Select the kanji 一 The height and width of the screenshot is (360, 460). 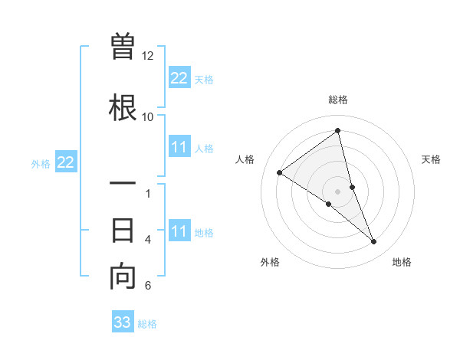click(123, 185)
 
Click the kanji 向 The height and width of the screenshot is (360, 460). click(123, 277)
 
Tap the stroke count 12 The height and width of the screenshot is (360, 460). click(147, 56)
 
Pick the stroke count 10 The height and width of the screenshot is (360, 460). click(147, 116)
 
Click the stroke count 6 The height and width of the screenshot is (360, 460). click(148, 286)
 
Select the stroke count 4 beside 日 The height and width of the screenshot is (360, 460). click(148, 239)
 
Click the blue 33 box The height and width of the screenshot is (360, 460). click(123, 322)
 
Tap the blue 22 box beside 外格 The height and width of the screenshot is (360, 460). click(65, 162)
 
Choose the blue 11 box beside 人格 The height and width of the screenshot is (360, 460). click(179, 148)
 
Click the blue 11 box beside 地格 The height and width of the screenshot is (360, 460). click(179, 231)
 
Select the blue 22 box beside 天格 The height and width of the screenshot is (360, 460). click(179, 78)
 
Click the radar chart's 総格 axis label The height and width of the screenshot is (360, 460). click(338, 100)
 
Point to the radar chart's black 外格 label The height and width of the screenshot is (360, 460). click(270, 262)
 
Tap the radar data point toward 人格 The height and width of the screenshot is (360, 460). click(280, 172)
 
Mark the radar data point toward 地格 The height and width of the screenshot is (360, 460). click(374, 242)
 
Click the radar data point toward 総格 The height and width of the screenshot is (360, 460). click(338, 131)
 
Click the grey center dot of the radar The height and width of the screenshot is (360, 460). click(338, 191)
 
